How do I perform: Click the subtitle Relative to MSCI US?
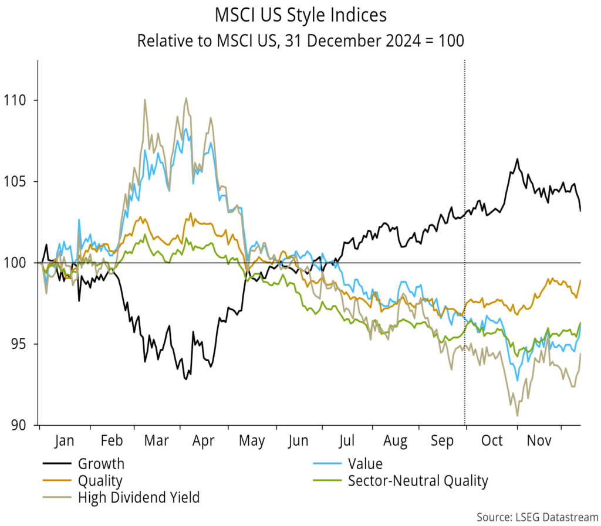point(300,41)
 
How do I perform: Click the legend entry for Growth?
point(101,464)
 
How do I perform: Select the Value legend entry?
point(365,464)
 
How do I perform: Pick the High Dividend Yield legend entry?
point(139,498)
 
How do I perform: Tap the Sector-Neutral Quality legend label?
point(417,481)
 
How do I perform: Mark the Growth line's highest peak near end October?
point(517,159)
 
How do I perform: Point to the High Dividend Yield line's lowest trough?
point(517,416)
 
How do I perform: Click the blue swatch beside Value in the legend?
point(326,464)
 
